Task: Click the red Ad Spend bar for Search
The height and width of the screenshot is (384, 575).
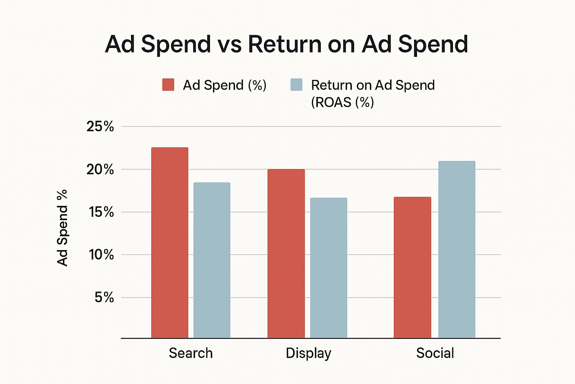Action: [x=170, y=243]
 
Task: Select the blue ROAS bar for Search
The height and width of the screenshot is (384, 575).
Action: [x=212, y=260]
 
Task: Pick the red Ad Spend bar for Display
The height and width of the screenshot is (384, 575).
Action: [x=286, y=253]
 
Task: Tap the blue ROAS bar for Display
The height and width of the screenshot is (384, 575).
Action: [x=328, y=268]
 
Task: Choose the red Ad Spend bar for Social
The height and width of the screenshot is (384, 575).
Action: [x=412, y=267]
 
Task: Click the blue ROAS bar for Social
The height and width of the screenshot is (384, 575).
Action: [x=456, y=249]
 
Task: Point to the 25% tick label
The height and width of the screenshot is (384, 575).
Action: [x=100, y=127]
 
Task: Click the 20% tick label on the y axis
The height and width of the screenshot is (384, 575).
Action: [x=100, y=169]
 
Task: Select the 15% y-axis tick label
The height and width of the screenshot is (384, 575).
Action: [x=101, y=212]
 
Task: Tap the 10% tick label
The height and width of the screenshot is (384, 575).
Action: [x=101, y=255]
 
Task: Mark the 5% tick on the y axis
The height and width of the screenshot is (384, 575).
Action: [x=104, y=298]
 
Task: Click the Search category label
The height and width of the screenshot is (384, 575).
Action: [x=191, y=353]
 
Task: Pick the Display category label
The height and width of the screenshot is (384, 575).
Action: [x=308, y=353]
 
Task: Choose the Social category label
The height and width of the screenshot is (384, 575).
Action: [x=435, y=353]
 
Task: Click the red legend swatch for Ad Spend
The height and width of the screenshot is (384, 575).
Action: [x=168, y=85]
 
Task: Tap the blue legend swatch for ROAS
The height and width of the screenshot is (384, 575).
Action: [x=296, y=85]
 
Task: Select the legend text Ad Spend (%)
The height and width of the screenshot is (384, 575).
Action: [x=224, y=85]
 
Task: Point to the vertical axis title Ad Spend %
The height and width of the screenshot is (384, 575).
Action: [x=63, y=228]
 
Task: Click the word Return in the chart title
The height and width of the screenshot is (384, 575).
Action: [x=285, y=44]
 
